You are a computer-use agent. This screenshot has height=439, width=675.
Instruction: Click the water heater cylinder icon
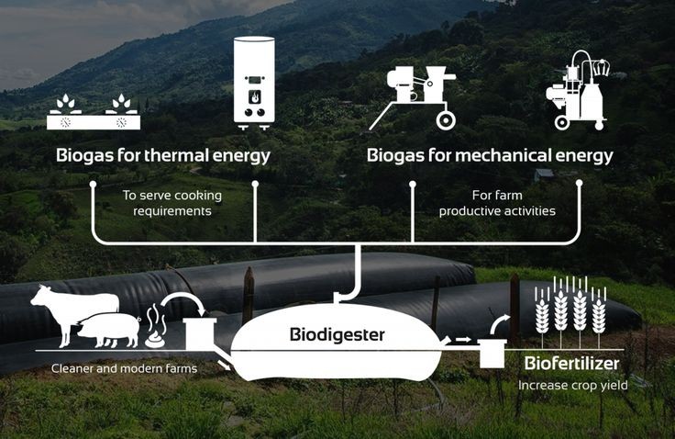point(254,81)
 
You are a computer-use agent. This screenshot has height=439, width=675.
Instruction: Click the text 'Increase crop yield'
point(573,386)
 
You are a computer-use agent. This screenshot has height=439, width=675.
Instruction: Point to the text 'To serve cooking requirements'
point(172,203)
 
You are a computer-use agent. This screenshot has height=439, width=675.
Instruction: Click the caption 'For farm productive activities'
point(497,203)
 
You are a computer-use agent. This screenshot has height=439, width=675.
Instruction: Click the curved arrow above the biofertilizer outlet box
point(500,323)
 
